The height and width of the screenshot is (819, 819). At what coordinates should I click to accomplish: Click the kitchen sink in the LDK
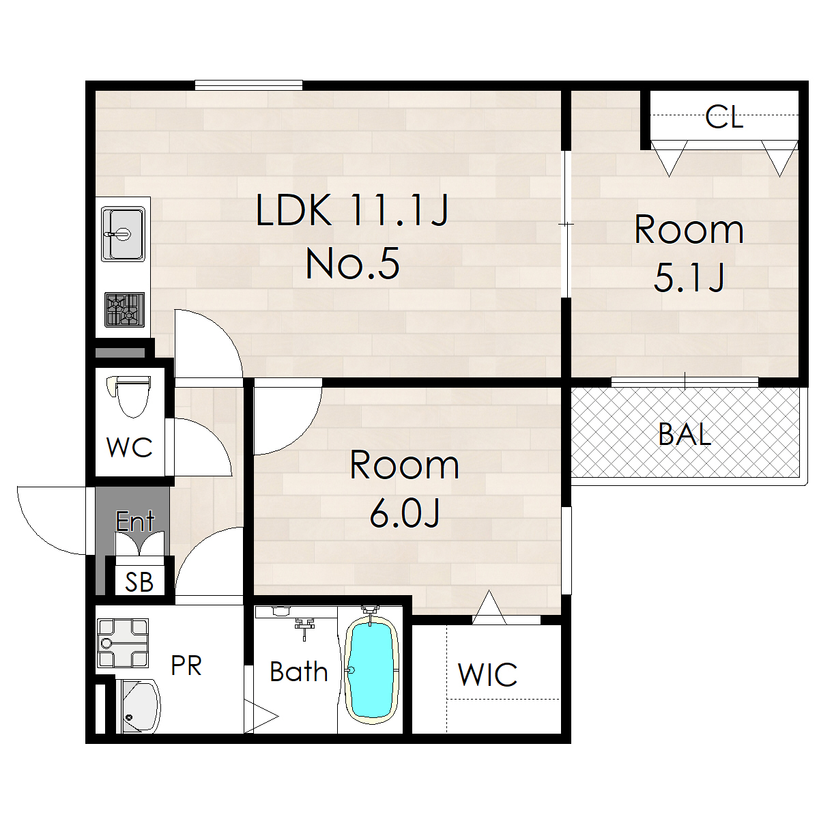point(123,234)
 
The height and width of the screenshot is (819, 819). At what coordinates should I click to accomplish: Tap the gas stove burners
point(124,309)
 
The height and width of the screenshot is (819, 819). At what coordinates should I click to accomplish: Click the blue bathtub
point(371,672)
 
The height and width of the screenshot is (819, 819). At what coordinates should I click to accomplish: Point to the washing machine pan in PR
point(123,643)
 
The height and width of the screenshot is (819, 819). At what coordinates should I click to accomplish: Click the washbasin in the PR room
point(138,706)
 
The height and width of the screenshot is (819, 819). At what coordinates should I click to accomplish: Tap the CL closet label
point(724,117)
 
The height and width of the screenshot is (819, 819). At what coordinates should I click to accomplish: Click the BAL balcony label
point(685,434)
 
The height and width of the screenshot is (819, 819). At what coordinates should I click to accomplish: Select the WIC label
point(487,675)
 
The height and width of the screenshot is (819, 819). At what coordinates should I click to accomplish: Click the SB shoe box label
point(139,582)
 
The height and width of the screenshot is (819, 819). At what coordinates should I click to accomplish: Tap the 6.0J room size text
point(404,513)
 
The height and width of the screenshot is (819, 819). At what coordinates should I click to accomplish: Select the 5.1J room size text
point(689,278)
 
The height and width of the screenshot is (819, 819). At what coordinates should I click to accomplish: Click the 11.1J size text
point(399,210)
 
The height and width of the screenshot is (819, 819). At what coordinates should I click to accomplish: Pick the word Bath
point(299,672)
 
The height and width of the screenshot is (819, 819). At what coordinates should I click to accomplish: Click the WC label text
point(129,447)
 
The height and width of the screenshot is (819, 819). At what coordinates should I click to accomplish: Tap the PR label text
point(186,665)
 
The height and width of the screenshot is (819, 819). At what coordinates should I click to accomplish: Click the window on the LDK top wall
point(248,85)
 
